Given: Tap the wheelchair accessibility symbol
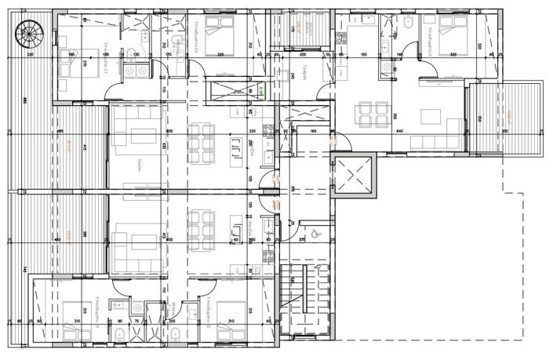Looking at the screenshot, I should tap(311, 232).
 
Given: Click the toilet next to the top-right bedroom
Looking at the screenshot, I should tap(409, 28).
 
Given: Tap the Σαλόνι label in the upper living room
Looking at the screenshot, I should tap(136, 165).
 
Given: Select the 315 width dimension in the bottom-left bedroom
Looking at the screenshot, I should tap(76, 322).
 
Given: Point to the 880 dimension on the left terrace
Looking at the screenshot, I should tap(26, 100).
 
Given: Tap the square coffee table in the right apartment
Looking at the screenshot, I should tap(431, 117).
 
